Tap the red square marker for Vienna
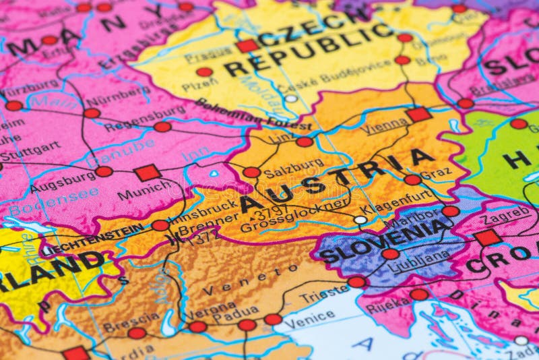[418, 114]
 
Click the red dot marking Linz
[305, 142]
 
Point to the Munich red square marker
[147, 173]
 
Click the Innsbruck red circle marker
[160, 225]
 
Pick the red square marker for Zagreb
[487, 237]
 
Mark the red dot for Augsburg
[104, 171]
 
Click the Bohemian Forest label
[253, 116]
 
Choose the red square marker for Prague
[247, 46]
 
